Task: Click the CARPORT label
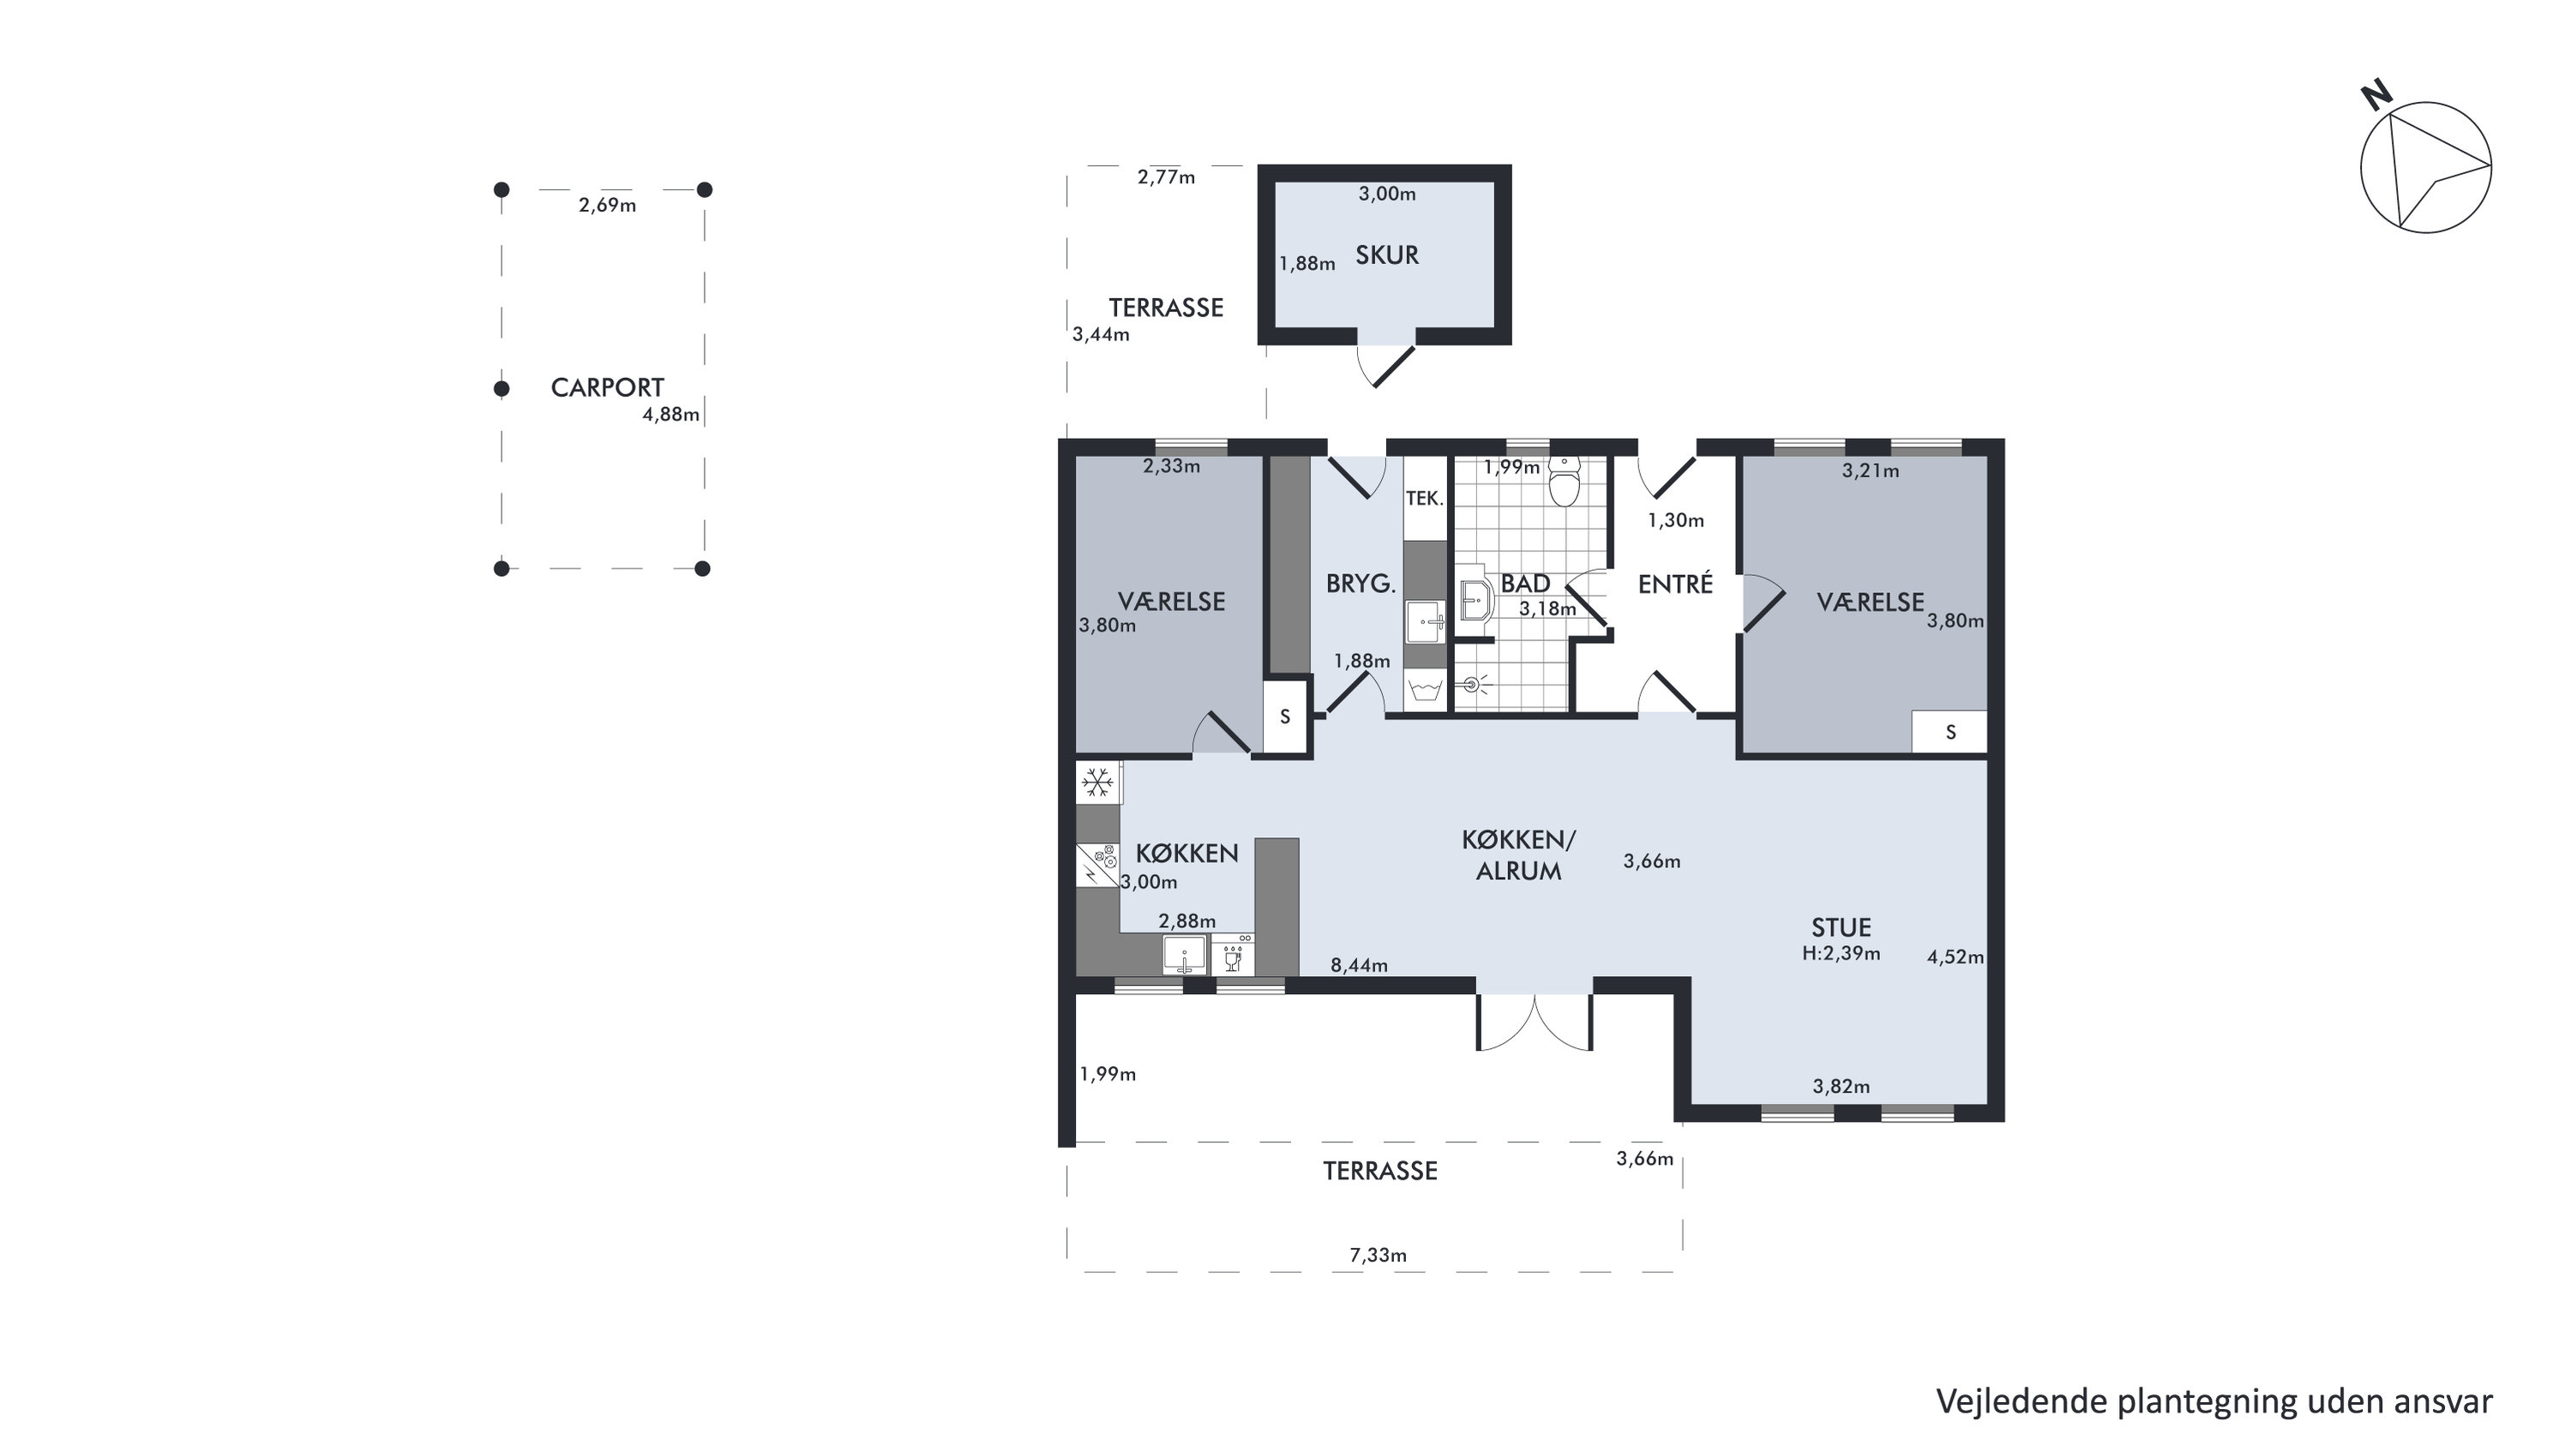pyautogui.click(x=607, y=387)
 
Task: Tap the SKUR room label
pyautogui.click(x=1386, y=255)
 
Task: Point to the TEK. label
pyautogui.click(x=1424, y=498)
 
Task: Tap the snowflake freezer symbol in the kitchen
pyautogui.click(x=1098, y=782)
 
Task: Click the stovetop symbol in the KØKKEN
pyautogui.click(x=1098, y=864)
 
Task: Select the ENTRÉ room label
pyautogui.click(x=1675, y=584)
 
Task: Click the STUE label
pyautogui.click(x=1841, y=927)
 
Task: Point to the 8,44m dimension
pyautogui.click(x=1358, y=965)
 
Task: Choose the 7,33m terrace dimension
pyautogui.click(x=1379, y=1256)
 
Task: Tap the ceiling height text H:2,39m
pyautogui.click(x=1841, y=953)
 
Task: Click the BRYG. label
pyautogui.click(x=1361, y=584)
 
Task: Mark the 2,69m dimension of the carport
pyautogui.click(x=607, y=206)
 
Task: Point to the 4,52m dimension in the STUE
pyautogui.click(x=1955, y=957)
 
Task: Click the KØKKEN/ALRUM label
pyautogui.click(x=1518, y=855)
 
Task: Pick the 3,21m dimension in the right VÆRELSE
pyautogui.click(x=1871, y=471)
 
